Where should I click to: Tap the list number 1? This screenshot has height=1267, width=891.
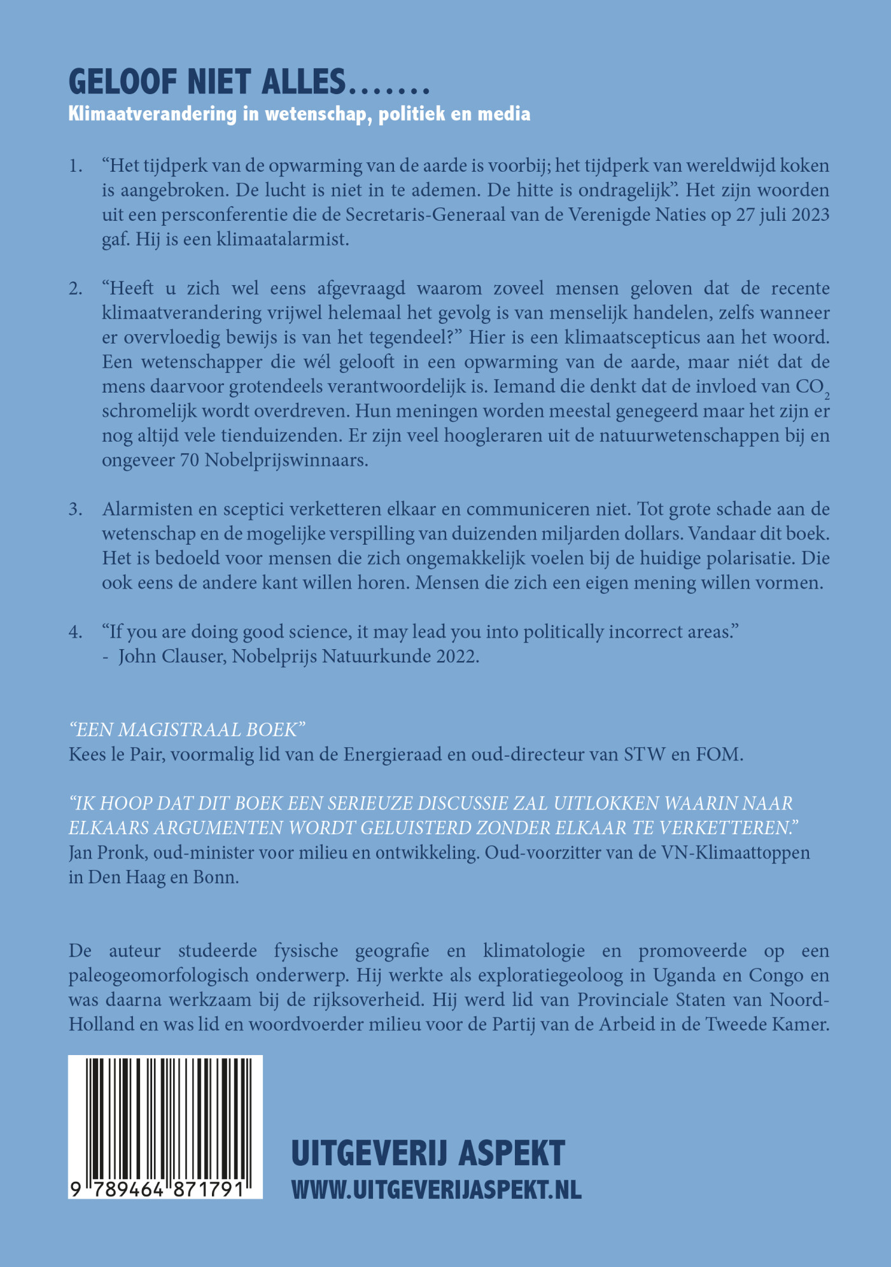[x=76, y=166]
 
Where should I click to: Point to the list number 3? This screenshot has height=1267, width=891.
[x=76, y=509]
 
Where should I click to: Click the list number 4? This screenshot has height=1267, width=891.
[x=76, y=632]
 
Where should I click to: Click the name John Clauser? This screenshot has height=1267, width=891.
[x=172, y=656]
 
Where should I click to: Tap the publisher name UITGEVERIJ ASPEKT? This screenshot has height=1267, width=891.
[x=428, y=1153]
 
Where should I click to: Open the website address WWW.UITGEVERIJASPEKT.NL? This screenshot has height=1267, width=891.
[x=436, y=1189]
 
